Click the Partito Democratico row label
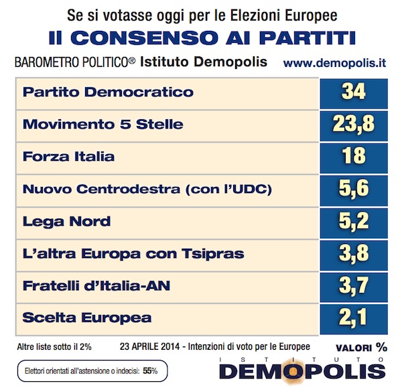click(108, 92)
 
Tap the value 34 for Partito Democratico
click(354, 92)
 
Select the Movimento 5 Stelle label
click(103, 125)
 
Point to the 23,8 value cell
click(354, 124)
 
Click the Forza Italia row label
click(68, 156)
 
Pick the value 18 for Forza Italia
click(354, 156)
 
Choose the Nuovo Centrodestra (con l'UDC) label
click(147, 189)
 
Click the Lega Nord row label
click(66, 222)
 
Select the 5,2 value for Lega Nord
click(354, 221)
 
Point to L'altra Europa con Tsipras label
click(133, 254)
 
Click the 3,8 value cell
click(354, 253)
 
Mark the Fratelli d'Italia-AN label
click(96, 286)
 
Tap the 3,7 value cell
click(354, 285)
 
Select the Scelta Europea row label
click(87, 318)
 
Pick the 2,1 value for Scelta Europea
click(353, 318)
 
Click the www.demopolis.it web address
click(334, 63)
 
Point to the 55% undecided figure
click(150, 371)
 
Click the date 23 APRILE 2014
click(149, 347)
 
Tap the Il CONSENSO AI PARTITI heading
click(202, 38)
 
